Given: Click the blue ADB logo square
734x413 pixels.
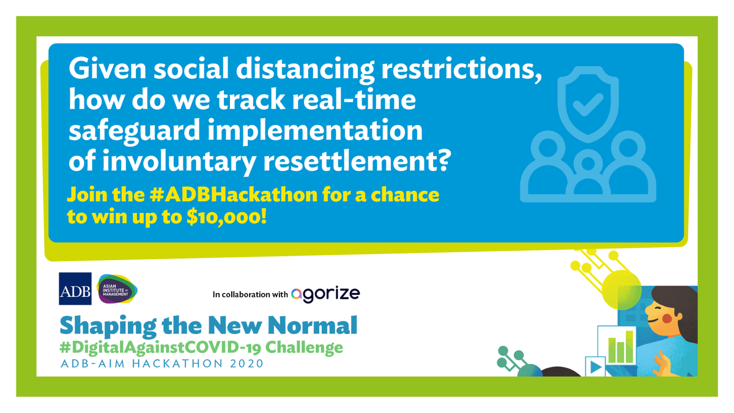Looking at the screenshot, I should [x=75, y=289].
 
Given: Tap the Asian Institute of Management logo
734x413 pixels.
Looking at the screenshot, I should [x=118, y=289].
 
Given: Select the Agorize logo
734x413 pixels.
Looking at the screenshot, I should [x=325, y=294].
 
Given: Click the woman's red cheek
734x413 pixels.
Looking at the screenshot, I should [x=667, y=319].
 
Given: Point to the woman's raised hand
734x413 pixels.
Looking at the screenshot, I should [x=662, y=365].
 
